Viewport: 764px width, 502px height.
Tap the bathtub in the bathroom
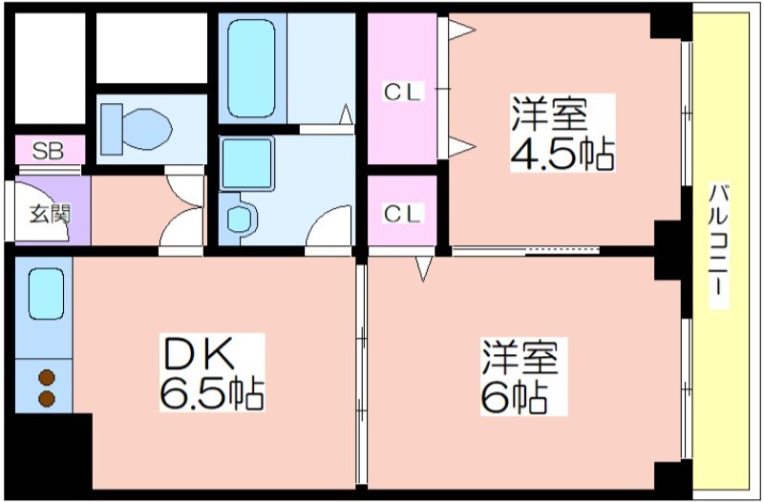pyautogui.click(x=251, y=68)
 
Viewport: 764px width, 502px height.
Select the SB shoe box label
pyautogui.click(x=49, y=152)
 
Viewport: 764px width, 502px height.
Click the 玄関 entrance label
pyautogui.click(x=51, y=214)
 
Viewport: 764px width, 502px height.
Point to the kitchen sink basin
pyautogui.click(x=46, y=294)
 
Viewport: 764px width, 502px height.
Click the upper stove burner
pyautogui.click(x=47, y=377)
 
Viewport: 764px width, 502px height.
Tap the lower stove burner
pyautogui.click(x=47, y=398)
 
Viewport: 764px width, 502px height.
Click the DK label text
pyautogui.click(x=199, y=353)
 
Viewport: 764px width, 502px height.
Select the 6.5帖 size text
pyautogui.click(x=212, y=393)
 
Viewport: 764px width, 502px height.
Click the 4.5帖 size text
pyautogui.click(x=562, y=154)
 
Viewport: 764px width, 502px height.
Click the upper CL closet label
pyautogui.click(x=402, y=92)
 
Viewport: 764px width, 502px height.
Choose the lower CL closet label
pyautogui.click(x=402, y=214)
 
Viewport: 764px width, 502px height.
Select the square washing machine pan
pyautogui.click(x=247, y=162)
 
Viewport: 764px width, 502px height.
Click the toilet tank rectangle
pyautogui.click(x=112, y=130)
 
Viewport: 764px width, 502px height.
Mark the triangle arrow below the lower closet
pyautogui.click(x=423, y=269)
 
